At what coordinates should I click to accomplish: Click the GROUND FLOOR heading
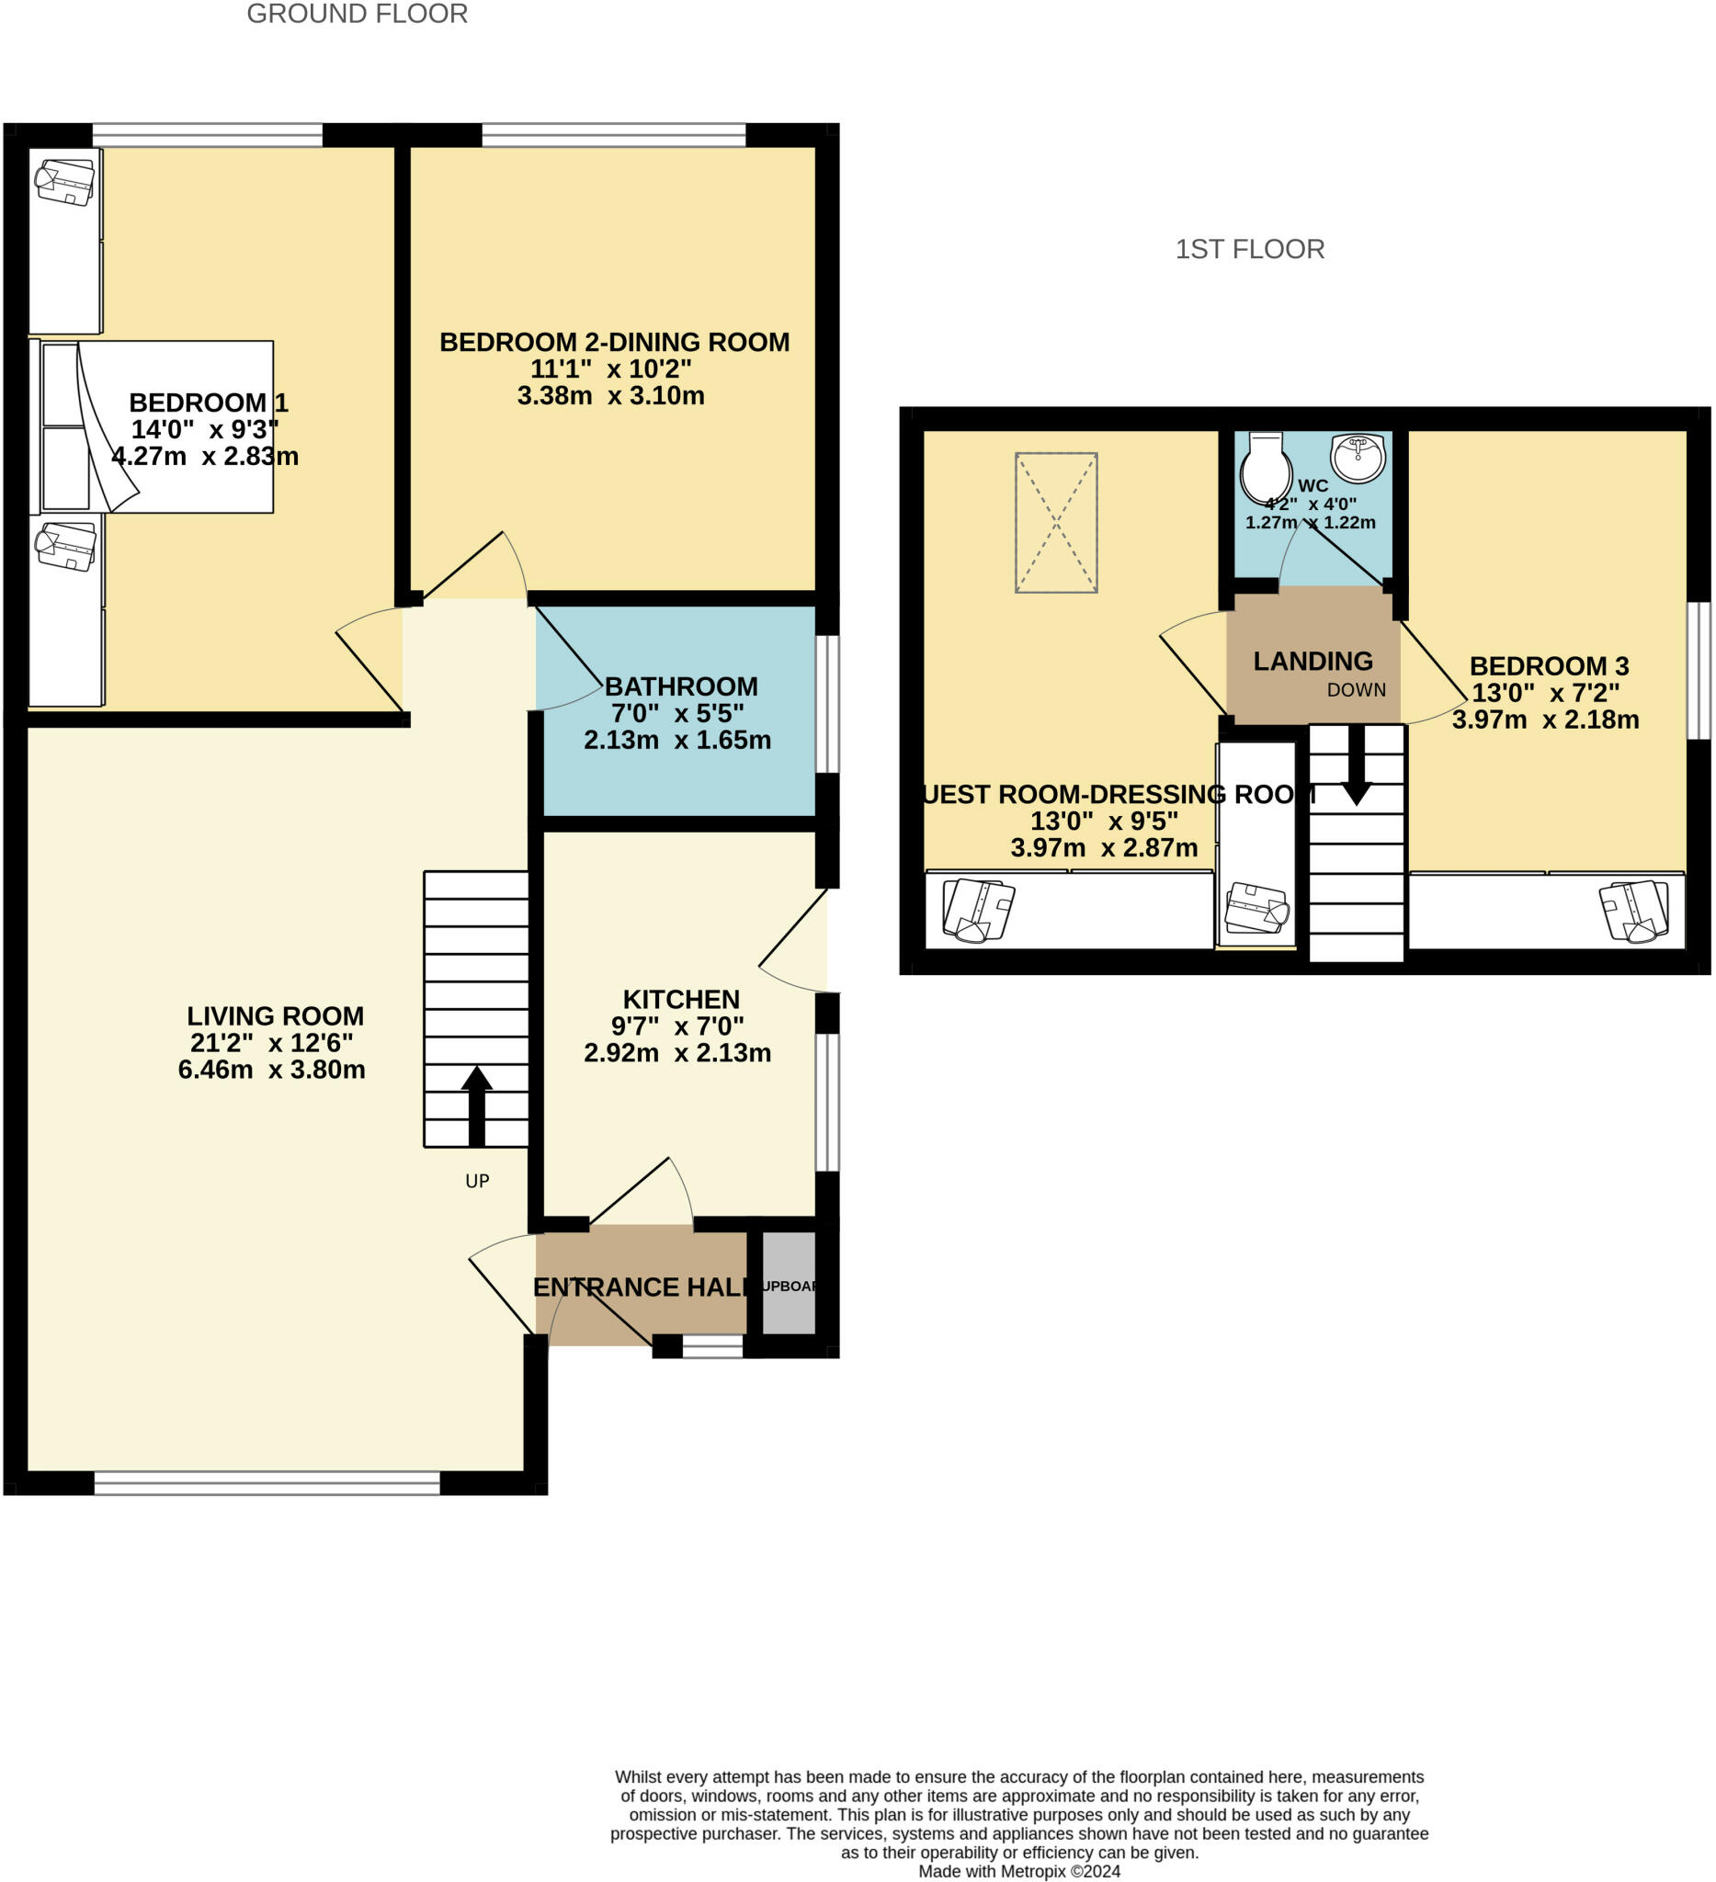coord(357,14)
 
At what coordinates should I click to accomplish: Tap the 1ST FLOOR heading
coord(1249,249)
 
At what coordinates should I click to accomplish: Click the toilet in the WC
coord(1265,469)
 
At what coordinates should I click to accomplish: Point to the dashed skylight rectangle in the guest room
coord(1056,523)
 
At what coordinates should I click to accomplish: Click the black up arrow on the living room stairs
coord(476,1105)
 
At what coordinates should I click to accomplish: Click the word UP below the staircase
coord(477,1181)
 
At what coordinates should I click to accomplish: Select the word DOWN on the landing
coord(1356,690)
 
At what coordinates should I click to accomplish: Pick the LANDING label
coord(1312,661)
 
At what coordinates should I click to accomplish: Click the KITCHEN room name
coord(681,999)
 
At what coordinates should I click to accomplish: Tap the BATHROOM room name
coord(681,686)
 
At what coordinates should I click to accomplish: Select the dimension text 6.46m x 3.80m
coord(272,1070)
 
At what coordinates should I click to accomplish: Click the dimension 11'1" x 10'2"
coord(610,368)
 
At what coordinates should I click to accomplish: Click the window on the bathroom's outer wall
coord(827,704)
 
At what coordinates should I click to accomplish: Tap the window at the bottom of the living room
coord(267,1482)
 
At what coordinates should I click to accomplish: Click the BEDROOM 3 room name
coord(1548,665)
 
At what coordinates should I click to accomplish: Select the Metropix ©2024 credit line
coord(1018,1871)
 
